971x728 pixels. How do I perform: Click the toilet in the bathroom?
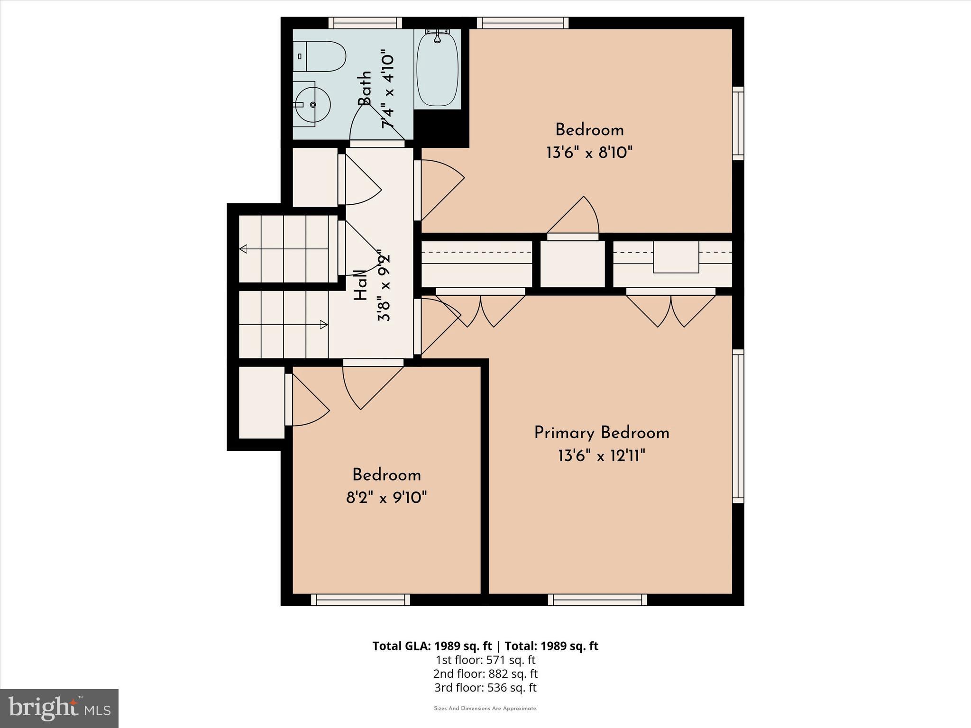(320, 56)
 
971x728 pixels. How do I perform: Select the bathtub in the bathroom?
(437, 69)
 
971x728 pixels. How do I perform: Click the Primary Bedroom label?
(601, 433)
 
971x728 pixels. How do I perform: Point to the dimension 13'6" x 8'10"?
(589, 153)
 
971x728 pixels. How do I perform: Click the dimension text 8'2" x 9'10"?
(386, 498)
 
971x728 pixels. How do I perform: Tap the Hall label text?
(361, 285)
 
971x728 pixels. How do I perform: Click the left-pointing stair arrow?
(244, 249)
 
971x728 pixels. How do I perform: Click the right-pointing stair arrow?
(324, 325)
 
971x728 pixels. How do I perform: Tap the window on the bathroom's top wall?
(365, 23)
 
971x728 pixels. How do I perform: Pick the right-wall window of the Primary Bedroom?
(738, 426)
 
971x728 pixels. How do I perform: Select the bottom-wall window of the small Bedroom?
(360, 600)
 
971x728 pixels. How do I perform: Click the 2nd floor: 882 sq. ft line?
(485, 673)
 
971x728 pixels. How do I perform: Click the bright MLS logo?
(59, 709)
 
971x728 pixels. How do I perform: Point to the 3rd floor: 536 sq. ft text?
(485, 687)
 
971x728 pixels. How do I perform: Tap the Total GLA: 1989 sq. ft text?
(433, 646)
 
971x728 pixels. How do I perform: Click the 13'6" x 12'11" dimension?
(601, 456)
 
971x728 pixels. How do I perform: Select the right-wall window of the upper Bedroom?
(738, 123)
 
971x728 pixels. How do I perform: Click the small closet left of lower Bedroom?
(261, 402)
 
